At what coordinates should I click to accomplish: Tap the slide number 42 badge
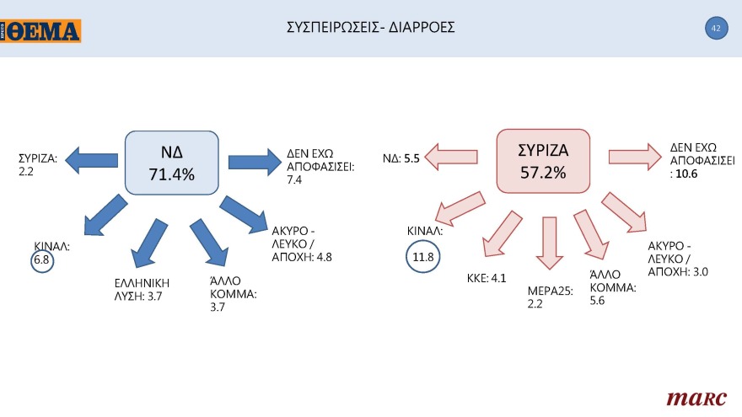pos(716,29)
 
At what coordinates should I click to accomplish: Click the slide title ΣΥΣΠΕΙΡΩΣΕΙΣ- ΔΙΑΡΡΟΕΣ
pos(371,28)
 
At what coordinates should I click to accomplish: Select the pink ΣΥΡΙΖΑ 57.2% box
pos(543,161)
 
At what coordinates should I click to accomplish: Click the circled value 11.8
pos(424,256)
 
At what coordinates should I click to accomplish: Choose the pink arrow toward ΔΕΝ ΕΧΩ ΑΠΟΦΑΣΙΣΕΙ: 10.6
pos(635,153)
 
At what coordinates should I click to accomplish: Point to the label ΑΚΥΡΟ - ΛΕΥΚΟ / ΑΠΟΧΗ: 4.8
pos(302,244)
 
